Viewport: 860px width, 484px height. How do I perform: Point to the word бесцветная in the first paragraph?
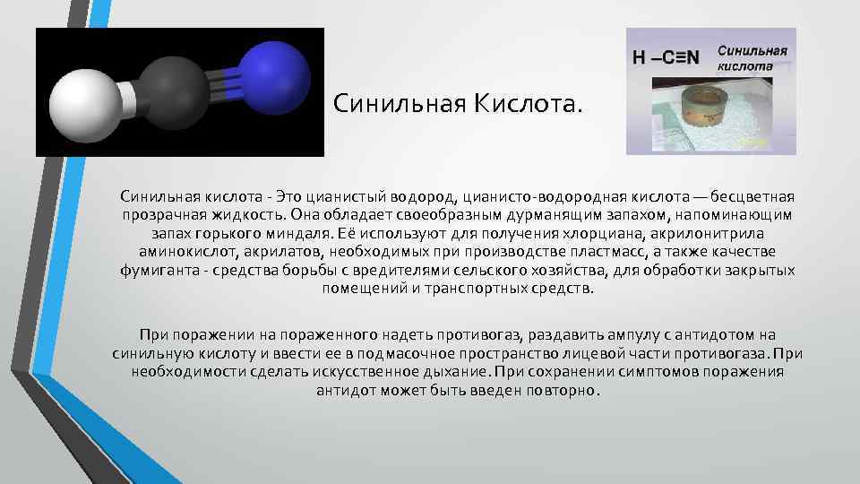[x=752, y=196]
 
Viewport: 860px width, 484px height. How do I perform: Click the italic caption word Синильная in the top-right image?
[x=752, y=50]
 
